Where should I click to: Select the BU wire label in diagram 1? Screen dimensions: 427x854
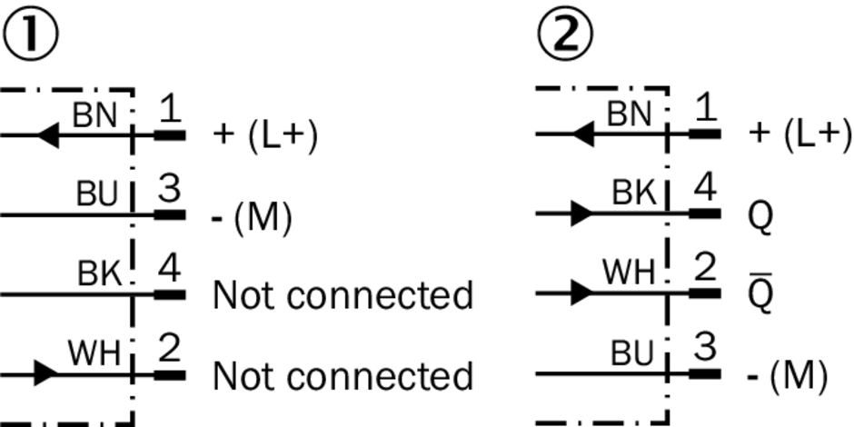point(96,194)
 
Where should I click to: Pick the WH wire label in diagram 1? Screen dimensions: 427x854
point(94,353)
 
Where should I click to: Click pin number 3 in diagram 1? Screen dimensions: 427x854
point(169,192)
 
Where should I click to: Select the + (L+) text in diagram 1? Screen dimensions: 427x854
point(264,135)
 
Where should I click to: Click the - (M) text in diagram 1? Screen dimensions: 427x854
point(253,216)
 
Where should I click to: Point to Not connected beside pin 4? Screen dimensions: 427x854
point(343,295)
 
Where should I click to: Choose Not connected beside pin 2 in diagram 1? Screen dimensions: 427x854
point(343,375)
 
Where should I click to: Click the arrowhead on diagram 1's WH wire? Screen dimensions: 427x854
point(46,372)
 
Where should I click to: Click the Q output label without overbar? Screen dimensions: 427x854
point(761,216)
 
